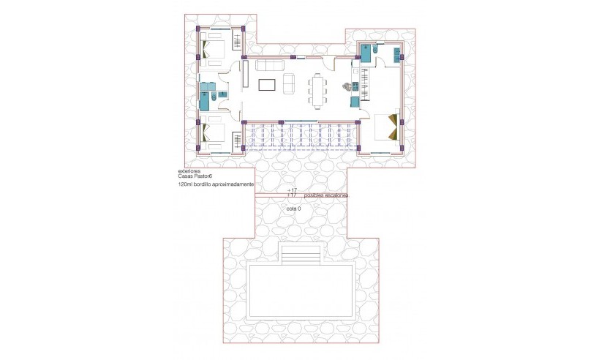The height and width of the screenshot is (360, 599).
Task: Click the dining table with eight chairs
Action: [x=317, y=90]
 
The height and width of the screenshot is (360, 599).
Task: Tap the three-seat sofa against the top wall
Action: [x=268, y=66]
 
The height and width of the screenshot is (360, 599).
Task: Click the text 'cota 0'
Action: [x=294, y=208]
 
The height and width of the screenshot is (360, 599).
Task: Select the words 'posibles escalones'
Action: [x=325, y=196]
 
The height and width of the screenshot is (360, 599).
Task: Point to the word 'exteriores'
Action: [x=189, y=171]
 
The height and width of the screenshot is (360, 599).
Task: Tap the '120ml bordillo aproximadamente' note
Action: [x=216, y=186]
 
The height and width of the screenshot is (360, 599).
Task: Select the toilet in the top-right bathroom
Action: [x=374, y=52]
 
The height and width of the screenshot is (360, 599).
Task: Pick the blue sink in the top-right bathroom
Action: [x=397, y=53]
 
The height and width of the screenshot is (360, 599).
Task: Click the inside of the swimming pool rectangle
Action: [x=301, y=291]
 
